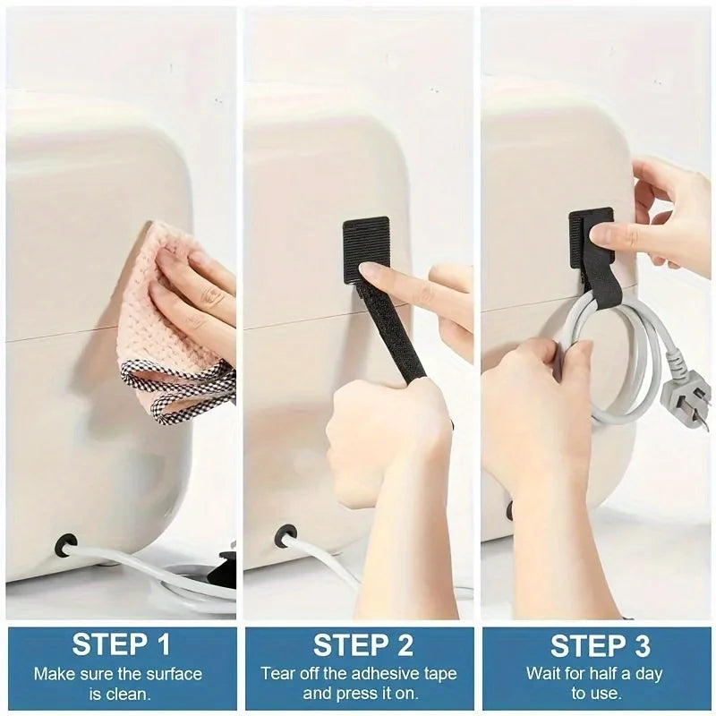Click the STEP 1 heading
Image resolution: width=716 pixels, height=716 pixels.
tap(121, 644)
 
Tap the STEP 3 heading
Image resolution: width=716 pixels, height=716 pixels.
tap(597, 644)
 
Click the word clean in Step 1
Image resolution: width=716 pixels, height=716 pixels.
tap(131, 693)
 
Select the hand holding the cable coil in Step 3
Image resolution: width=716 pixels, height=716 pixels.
tap(528, 403)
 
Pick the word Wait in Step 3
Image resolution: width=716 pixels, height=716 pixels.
tap(545, 673)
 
